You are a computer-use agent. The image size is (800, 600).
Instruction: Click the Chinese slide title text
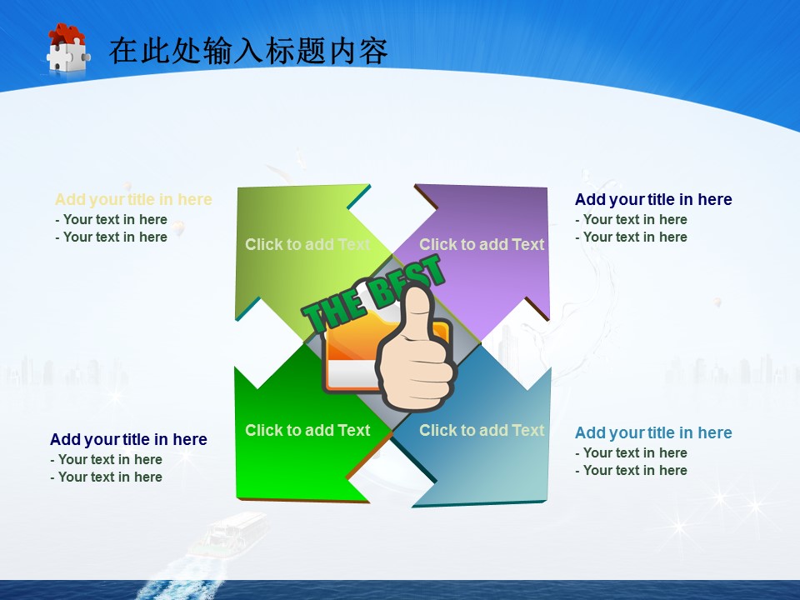coord(248,51)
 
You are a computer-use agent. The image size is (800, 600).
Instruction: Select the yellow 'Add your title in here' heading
coord(133,199)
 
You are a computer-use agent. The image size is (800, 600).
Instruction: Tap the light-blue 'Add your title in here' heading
coord(653,432)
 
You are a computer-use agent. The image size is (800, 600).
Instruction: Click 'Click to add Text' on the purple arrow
coord(482,244)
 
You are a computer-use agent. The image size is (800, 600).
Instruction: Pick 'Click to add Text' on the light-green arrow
coord(307,244)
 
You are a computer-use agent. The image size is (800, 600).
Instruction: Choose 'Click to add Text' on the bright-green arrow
coord(307,430)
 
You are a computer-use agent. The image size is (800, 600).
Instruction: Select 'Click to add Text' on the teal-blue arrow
coord(482,430)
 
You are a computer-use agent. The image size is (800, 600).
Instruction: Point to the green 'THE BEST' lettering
coord(372,293)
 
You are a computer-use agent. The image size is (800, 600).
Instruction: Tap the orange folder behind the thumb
coord(357,352)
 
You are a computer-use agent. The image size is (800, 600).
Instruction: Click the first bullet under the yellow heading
coord(111,219)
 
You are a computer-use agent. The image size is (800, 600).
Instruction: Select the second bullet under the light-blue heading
coord(631,470)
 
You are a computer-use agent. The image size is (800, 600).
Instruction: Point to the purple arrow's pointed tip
coord(547,187)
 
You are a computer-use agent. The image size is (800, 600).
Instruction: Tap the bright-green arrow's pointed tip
coord(237,497)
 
